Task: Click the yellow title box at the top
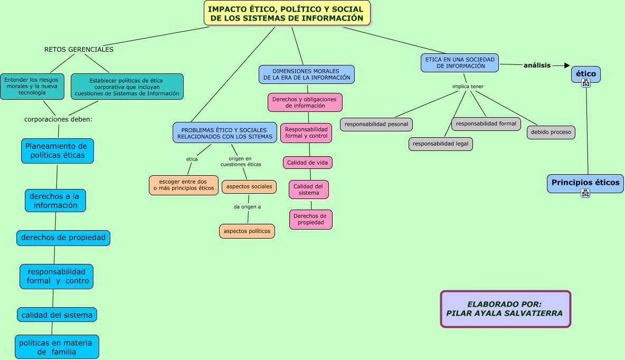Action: pyautogui.click(x=287, y=13)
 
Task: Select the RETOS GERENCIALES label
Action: pyautogui.click(x=79, y=50)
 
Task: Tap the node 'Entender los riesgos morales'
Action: pyautogui.click(x=32, y=86)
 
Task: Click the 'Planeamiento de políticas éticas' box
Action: pyautogui.click(x=57, y=151)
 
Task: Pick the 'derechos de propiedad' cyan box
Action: pyautogui.click(x=63, y=238)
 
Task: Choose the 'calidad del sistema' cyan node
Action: pyautogui.click(x=56, y=315)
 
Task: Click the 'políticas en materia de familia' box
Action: pyautogui.click(x=56, y=347)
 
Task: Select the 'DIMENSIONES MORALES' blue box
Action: pyautogui.click(x=306, y=74)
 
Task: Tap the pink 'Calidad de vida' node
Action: pyautogui.click(x=307, y=163)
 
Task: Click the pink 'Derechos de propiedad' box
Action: pyautogui.click(x=310, y=220)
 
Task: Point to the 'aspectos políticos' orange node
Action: pyautogui.click(x=247, y=231)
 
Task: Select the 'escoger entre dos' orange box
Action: pyautogui.click(x=183, y=185)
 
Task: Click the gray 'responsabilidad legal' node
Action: pyautogui.click(x=440, y=144)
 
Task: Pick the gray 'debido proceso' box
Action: pyautogui.click(x=551, y=132)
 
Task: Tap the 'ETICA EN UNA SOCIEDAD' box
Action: pyautogui.click(x=460, y=63)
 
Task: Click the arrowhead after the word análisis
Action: pyautogui.click(x=567, y=65)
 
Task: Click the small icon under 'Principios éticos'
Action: pyautogui.click(x=585, y=193)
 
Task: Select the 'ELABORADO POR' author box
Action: pyautogui.click(x=505, y=309)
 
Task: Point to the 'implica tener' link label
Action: pyautogui.click(x=468, y=87)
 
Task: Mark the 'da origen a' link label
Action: pyautogui.click(x=247, y=207)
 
